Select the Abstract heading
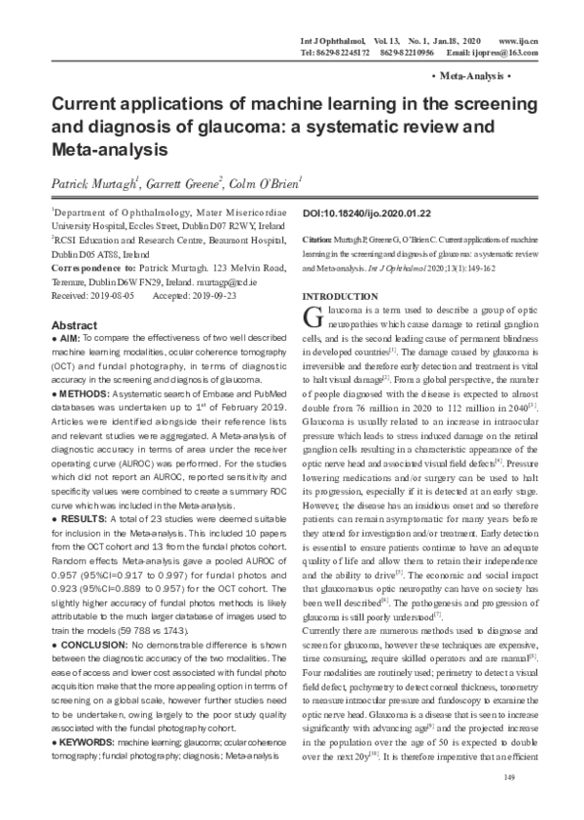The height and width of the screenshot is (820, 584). click(74, 324)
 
